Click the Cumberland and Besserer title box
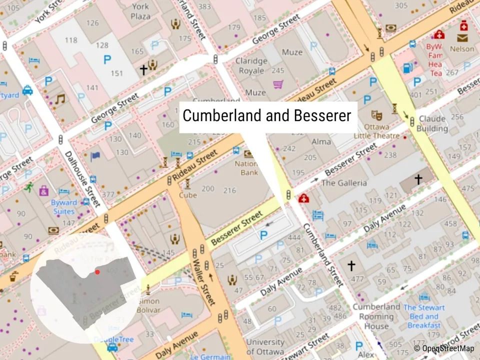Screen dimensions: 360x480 [x=267, y=116]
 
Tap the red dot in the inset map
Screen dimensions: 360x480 [x=97, y=272]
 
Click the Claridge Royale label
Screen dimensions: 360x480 [x=251, y=65]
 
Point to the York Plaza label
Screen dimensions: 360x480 [x=140, y=11]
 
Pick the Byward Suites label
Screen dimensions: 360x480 [x=63, y=207]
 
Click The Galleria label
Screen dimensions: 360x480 [x=343, y=183]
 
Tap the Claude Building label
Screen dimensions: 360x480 [x=433, y=123]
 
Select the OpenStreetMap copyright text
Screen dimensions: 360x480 [x=443, y=348]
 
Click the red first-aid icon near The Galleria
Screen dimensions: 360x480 [x=303, y=199]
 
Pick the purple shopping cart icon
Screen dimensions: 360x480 [x=278, y=84]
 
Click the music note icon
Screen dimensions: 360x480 [x=60, y=98]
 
